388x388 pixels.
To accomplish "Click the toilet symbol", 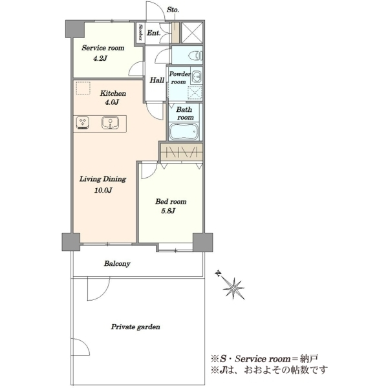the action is [x=196, y=56].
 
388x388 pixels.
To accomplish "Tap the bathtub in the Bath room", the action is [x=184, y=132].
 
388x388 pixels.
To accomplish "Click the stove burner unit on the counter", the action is [x=83, y=123].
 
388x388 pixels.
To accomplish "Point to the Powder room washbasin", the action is [x=197, y=76].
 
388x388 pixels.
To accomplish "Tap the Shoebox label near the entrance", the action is [x=140, y=32].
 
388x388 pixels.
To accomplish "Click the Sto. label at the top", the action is [x=173, y=10].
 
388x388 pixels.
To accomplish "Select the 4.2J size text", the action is [x=100, y=58].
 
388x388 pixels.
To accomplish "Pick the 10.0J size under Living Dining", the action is [x=103, y=190].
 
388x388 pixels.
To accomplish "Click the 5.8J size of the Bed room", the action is [x=168, y=211].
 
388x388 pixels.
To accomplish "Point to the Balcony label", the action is [x=117, y=264].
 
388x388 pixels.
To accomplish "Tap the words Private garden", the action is [x=135, y=327].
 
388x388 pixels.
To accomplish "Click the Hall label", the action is [x=157, y=80].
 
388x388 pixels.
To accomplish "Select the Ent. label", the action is [x=153, y=33].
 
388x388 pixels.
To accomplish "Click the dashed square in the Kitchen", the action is [x=83, y=88].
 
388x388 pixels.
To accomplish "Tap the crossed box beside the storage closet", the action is [x=192, y=33].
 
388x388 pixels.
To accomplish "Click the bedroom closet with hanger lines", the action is [x=182, y=152].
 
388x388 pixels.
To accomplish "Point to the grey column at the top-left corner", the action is [x=75, y=29].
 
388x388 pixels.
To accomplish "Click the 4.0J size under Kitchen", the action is [x=112, y=102].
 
